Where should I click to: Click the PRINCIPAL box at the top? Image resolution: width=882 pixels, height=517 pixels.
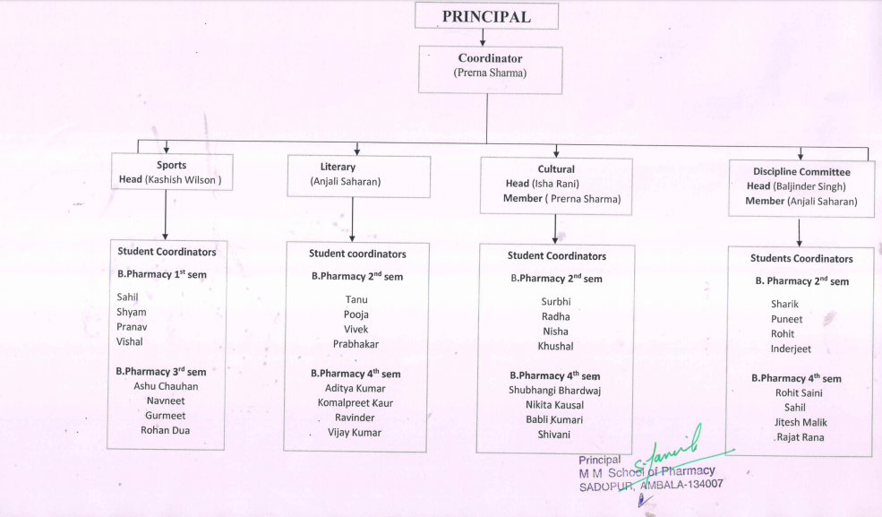coord(486,16)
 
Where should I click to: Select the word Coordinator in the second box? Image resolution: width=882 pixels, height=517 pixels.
coord(490,58)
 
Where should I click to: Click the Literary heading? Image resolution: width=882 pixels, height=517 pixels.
coord(338,167)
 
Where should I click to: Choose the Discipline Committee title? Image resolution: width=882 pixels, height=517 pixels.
coord(801,171)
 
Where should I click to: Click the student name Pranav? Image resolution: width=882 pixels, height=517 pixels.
coord(132,327)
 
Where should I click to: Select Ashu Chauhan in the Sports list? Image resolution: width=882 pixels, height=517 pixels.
coord(166,386)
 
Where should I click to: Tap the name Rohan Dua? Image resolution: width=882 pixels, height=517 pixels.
coord(165,430)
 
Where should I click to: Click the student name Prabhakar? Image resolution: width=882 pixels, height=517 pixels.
coord(355,343)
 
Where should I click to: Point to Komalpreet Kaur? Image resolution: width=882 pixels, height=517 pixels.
coord(355,403)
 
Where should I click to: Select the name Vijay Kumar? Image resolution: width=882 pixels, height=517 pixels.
coord(355,433)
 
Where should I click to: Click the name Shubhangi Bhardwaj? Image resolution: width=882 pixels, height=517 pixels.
coord(555,391)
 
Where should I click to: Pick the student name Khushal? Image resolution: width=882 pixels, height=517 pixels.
coord(555,346)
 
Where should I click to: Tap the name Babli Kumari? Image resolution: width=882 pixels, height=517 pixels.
coord(554,420)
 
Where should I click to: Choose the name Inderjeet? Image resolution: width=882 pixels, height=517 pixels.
coord(792,349)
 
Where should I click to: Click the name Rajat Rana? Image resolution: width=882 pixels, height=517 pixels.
coord(801,437)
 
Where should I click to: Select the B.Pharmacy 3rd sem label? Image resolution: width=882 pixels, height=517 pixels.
coord(161,371)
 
